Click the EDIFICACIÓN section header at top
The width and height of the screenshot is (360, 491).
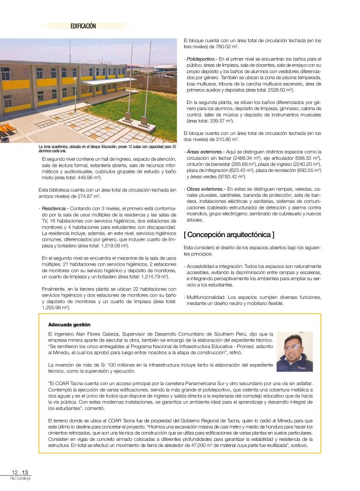point(83,26)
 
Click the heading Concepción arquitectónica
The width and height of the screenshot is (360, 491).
point(229,234)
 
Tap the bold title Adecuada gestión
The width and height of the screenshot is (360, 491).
point(69,324)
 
